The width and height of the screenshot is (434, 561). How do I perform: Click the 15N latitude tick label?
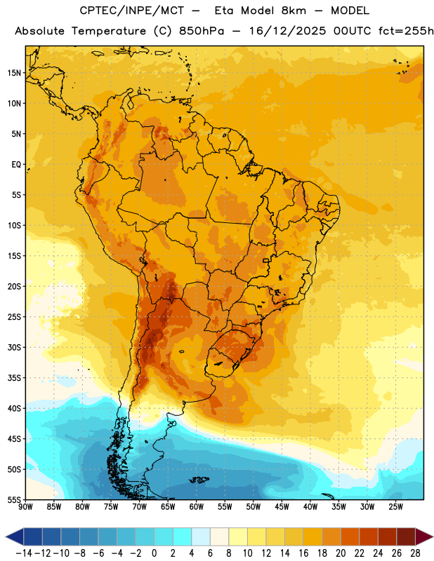pyautogui.click(x=14, y=73)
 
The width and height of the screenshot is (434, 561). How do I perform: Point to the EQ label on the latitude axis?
pyautogui.click(x=16, y=165)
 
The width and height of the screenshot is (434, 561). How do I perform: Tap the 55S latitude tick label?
pyautogui.click(x=14, y=499)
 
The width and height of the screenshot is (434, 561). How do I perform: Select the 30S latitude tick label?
pyautogui.click(x=14, y=347)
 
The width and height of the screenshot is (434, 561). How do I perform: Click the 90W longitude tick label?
pyautogui.click(x=25, y=507)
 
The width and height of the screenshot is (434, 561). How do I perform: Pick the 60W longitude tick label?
pyautogui.click(x=197, y=507)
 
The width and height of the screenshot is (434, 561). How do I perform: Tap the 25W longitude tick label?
pyautogui.click(x=395, y=507)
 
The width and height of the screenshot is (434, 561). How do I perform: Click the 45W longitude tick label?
pyautogui.click(x=282, y=507)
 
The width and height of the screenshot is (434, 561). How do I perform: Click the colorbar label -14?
pyautogui.click(x=25, y=553)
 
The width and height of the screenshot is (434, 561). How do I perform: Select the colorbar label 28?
pyautogui.click(x=415, y=553)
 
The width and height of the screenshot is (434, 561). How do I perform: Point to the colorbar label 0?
pyautogui.click(x=154, y=553)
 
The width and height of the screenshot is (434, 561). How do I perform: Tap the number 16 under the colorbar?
pyautogui.click(x=303, y=553)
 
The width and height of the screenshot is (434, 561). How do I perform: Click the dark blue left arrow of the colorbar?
pyautogui.click(x=15, y=536)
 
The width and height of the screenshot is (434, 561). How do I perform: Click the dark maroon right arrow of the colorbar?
pyautogui.click(x=424, y=536)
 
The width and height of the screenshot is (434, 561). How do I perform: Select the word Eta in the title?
pyautogui.click(x=224, y=11)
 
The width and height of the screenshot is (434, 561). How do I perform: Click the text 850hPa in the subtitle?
pyautogui.click(x=202, y=31)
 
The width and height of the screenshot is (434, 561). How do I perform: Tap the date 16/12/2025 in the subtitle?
pyautogui.click(x=288, y=31)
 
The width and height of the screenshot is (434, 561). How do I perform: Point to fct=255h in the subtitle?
pyautogui.click(x=406, y=31)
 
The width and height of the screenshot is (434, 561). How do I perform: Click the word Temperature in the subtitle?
pyautogui.click(x=109, y=32)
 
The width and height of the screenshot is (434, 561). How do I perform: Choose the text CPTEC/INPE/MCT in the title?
pyautogui.click(x=131, y=11)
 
